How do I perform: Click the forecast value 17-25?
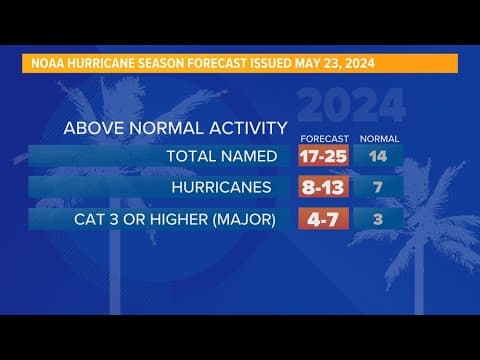[x=323, y=156]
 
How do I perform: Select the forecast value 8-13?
[x=323, y=187]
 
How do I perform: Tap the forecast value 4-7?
[x=323, y=218]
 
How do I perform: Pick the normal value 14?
[x=379, y=156]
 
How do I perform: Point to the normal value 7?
[x=379, y=187]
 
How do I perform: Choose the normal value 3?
[x=379, y=218]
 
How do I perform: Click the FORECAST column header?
[x=323, y=138]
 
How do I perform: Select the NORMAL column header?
[x=379, y=138]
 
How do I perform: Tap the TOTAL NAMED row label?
[x=222, y=156]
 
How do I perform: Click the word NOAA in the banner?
[x=42, y=64]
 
